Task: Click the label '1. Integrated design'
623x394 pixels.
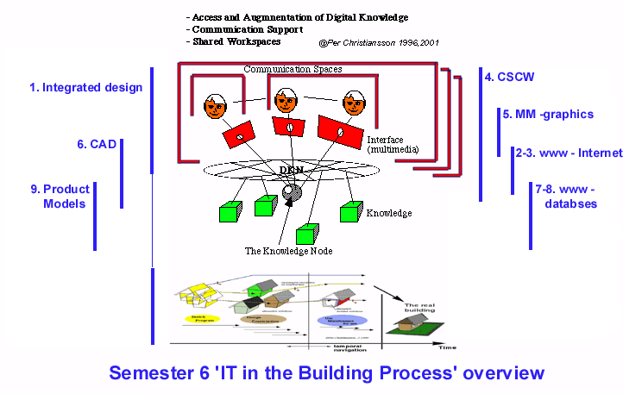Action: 85,87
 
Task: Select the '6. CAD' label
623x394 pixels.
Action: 96,144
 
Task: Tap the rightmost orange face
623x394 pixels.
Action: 353,104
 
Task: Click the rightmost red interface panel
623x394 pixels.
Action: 337,131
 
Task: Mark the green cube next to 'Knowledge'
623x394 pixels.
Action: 350,212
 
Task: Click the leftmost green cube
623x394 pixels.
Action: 229,211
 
